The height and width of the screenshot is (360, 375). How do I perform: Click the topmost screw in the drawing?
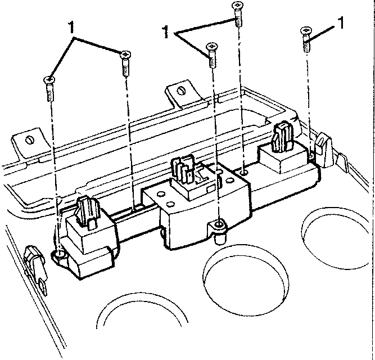[238, 14]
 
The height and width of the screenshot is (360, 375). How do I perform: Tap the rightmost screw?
[306, 39]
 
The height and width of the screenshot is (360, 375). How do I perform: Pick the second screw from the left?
[125, 64]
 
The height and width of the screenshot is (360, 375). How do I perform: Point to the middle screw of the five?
[212, 55]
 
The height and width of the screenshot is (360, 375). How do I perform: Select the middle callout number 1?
[166, 32]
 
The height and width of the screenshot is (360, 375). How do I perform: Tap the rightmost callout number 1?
[341, 22]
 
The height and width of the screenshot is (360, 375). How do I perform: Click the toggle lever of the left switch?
[88, 210]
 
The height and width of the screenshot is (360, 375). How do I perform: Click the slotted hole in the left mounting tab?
[30, 139]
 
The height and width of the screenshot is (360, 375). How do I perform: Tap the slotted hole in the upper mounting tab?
[182, 91]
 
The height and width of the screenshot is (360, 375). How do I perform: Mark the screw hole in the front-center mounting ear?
[219, 224]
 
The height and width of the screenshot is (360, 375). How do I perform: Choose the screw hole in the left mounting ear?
[60, 254]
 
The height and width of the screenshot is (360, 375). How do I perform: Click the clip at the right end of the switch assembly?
[323, 150]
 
